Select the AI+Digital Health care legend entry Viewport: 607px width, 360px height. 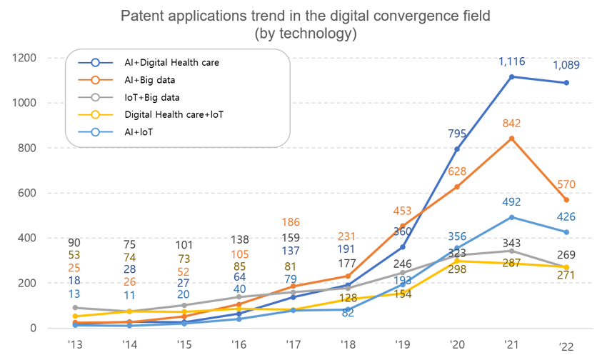pyautogui.click(x=171, y=62)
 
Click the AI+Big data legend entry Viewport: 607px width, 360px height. pyautogui.click(x=149, y=79)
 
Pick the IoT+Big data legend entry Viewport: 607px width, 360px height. pyautogui.click(x=151, y=96)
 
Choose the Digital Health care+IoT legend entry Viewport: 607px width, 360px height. pyautogui.click(x=173, y=114)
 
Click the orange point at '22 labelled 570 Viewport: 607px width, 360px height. pyautogui.click(x=567, y=200)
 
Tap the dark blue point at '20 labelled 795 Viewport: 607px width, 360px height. pyautogui.click(x=457, y=149)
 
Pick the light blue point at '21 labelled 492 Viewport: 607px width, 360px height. pyautogui.click(x=512, y=217)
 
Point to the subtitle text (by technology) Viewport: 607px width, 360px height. pyautogui.click(x=306, y=34)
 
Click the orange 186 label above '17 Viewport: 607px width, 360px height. pyautogui.click(x=292, y=223)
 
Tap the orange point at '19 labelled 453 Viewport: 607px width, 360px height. pyautogui.click(x=402, y=226)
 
